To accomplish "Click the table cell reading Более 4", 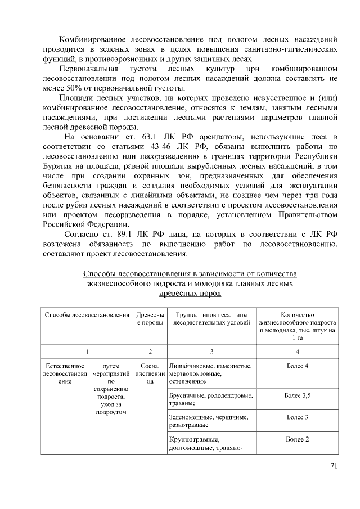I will coord(297,367).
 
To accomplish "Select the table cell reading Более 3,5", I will coord(297,395).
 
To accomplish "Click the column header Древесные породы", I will coord(150,318).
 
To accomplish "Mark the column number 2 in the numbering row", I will coord(150,352).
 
